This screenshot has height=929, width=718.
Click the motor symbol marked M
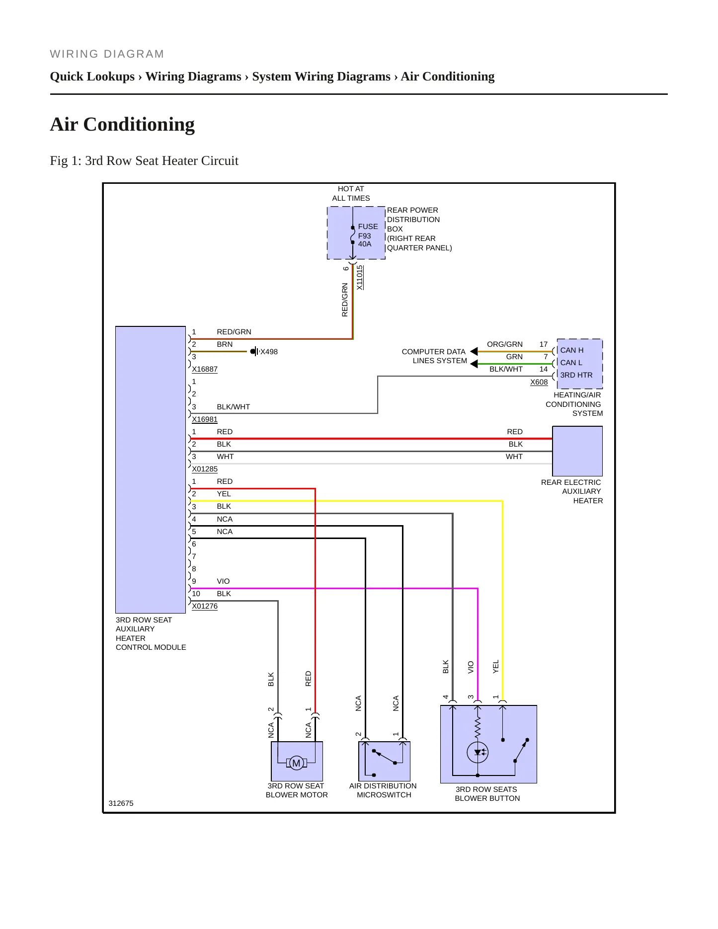pyautogui.click(x=296, y=763)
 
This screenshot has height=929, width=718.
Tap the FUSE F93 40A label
pyautogui.click(x=368, y=235)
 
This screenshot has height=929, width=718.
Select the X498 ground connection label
pyautogui.click(x=269, y=352)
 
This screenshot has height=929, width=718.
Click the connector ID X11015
pyautogui.click(x=360, y=277)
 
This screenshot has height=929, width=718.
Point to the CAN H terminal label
pyautogui.click(x=572, y=350)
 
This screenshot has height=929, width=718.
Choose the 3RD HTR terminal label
pyautogui.click(x=576, y=375)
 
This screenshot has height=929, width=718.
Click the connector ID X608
pyautogui.click(x=539, y=382)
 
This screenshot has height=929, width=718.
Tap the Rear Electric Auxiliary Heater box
pyautogui.click(x=577, y=451)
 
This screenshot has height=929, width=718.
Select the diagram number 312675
pyautogui.click(x=121, y=803)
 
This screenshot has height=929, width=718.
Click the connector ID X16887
pyautogui.click(x=205, y=369)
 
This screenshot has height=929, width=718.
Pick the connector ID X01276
pyautogui.click(x=205, y=606)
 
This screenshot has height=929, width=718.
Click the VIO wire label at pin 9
pyautogui.click(x=223, y=581)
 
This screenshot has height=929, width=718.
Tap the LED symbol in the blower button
pyautogui.click(x=478, y=752)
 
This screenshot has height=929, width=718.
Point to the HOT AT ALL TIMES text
pyautogui.click(x=351, y=193)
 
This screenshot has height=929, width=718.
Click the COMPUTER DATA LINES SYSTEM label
pyautogui.click(x=434, y=356)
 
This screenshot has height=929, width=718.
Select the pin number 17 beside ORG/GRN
pyautogui.click(x=544, y=344)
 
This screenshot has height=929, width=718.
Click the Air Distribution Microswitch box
pyautogui.click(x=384, y=761)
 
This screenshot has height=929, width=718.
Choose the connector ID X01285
pyautogui.click(x=205, y=469)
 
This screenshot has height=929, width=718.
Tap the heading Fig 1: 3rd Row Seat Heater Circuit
pyautogui.click(x=144, y=161)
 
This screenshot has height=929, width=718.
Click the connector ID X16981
pyautogui.click(x=205, y=419)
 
